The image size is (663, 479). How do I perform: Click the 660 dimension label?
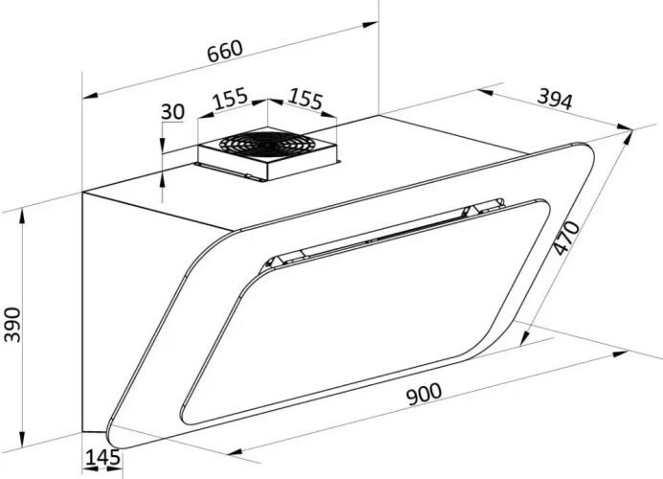click(x=225, y=51)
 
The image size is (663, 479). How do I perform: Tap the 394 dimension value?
click(x=555, y=100)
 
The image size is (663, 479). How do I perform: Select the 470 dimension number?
click(x=566, y=238)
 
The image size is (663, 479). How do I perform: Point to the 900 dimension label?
click(x=423, y=393)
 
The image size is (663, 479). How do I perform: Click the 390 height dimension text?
click(x=11, y=325)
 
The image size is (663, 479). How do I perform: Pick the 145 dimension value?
click(x=103, y=457)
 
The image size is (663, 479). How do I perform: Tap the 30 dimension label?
click(x=173, y=112)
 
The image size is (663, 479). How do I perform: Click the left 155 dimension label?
click(x=230, y=98)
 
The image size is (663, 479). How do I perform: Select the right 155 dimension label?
click(x=306, y=100)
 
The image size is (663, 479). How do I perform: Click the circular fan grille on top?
click(x=267, y=143)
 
